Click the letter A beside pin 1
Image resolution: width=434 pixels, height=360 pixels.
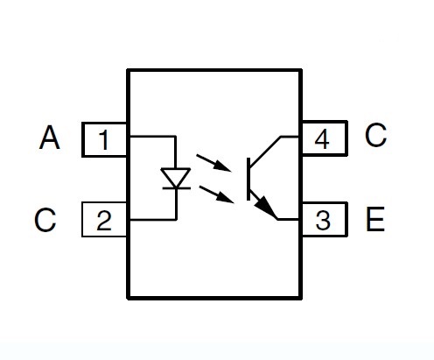point(50,138)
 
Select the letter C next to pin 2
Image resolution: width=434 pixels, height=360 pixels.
point(45,220)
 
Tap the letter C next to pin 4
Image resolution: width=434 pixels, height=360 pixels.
point(375,135)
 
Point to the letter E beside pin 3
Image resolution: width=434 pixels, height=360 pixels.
point(375,219)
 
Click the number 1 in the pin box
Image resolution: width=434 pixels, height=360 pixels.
point(104,140)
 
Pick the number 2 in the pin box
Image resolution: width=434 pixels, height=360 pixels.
point(104,221)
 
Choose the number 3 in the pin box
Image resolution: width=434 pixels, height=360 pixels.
point(323,220)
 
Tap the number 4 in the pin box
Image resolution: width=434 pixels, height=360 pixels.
point(322,139)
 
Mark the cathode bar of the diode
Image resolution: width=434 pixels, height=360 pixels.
point(177,188)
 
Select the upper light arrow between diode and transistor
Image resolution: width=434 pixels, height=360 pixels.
point(213,163)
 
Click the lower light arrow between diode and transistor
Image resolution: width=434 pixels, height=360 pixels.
point(216,194)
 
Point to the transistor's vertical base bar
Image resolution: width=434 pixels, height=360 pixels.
point(248,179)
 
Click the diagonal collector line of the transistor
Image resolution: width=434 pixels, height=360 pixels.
point(265,152)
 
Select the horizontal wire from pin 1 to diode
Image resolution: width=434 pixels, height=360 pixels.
point(152,137)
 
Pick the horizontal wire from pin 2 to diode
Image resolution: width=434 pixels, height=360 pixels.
point(153,219)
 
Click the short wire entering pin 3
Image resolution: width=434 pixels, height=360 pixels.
point(288,219)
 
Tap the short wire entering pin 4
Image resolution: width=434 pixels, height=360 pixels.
point(290,137)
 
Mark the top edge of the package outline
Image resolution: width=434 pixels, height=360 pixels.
point(214,70)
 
